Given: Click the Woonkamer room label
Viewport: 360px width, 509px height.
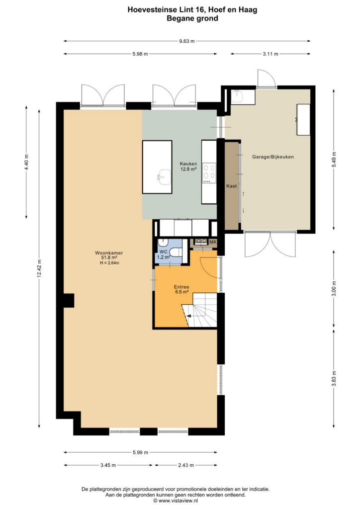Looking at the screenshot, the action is pyautogui.click(x=109, y=253).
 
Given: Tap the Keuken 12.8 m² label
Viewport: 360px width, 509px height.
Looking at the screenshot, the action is pyautogui.click(x=188, y=166).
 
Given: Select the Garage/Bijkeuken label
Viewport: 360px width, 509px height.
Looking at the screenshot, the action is pyautogui.click(x=273, y=157).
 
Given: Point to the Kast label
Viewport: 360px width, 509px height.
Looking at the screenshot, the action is pyautogui.click(x=231, y=186).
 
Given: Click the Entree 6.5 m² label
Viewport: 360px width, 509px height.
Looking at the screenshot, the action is pyautogui.click(x=181, y=289).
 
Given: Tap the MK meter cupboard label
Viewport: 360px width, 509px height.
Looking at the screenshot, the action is pyautogui.click(x=213, y=242).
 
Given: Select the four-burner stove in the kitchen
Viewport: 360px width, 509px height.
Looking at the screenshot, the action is pyautogui.click(x=209, y=173).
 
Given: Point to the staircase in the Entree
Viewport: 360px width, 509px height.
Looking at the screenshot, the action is pyautogui.click(x=199, y=310).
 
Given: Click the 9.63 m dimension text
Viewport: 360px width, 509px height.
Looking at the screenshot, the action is pyautogui.click(x=187, y=41).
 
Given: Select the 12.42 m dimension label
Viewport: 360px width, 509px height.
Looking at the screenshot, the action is pyautogui.click(x=39, y=268).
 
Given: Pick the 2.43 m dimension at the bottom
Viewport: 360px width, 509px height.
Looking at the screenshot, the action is pyautogui.click(x=185, y=465).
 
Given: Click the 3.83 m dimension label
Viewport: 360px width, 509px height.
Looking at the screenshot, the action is pyautogui.click(x=334, y=378).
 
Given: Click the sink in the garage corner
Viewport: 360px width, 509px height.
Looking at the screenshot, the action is pyautogui.click(x=238, y=96).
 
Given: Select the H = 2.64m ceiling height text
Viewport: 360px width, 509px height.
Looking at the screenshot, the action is pyautogui.click(x=109, y=263).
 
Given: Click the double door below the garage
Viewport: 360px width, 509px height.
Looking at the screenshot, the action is pyautogui.click(x=270, y=244).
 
